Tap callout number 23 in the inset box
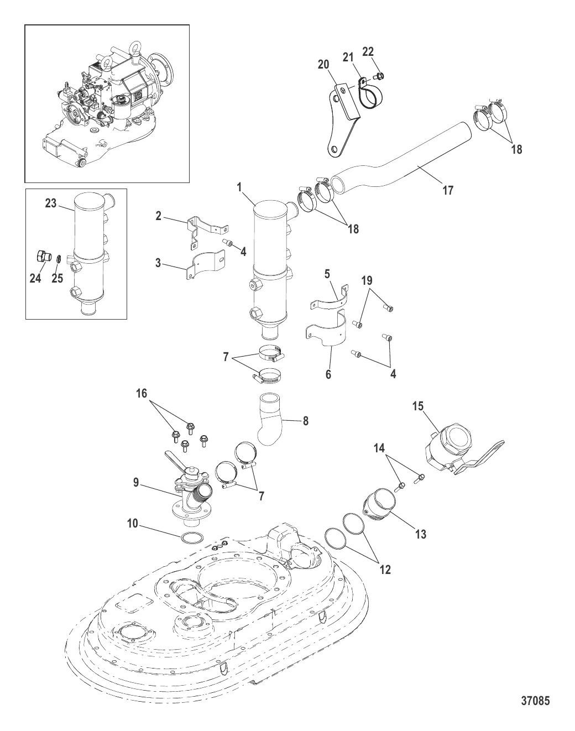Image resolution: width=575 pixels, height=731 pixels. [51, 203]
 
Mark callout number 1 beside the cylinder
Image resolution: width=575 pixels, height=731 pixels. [240, 187]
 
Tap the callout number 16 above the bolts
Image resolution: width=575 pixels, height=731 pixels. [143, 393]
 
